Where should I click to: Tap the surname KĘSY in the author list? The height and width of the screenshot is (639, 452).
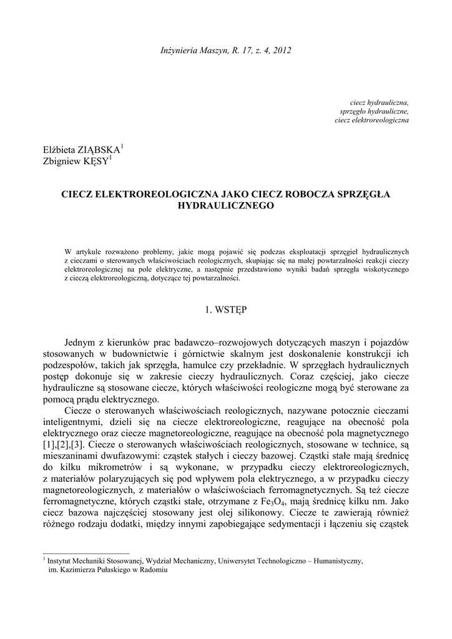94,162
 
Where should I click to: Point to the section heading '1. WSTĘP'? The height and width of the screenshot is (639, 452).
225,309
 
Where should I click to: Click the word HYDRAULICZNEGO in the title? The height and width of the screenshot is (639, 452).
225,205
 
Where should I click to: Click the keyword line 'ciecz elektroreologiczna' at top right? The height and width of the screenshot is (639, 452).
371,119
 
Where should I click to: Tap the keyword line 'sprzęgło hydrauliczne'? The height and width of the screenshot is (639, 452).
374,110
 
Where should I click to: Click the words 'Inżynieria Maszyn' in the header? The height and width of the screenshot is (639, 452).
184,49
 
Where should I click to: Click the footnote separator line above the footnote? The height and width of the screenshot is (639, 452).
86,553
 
